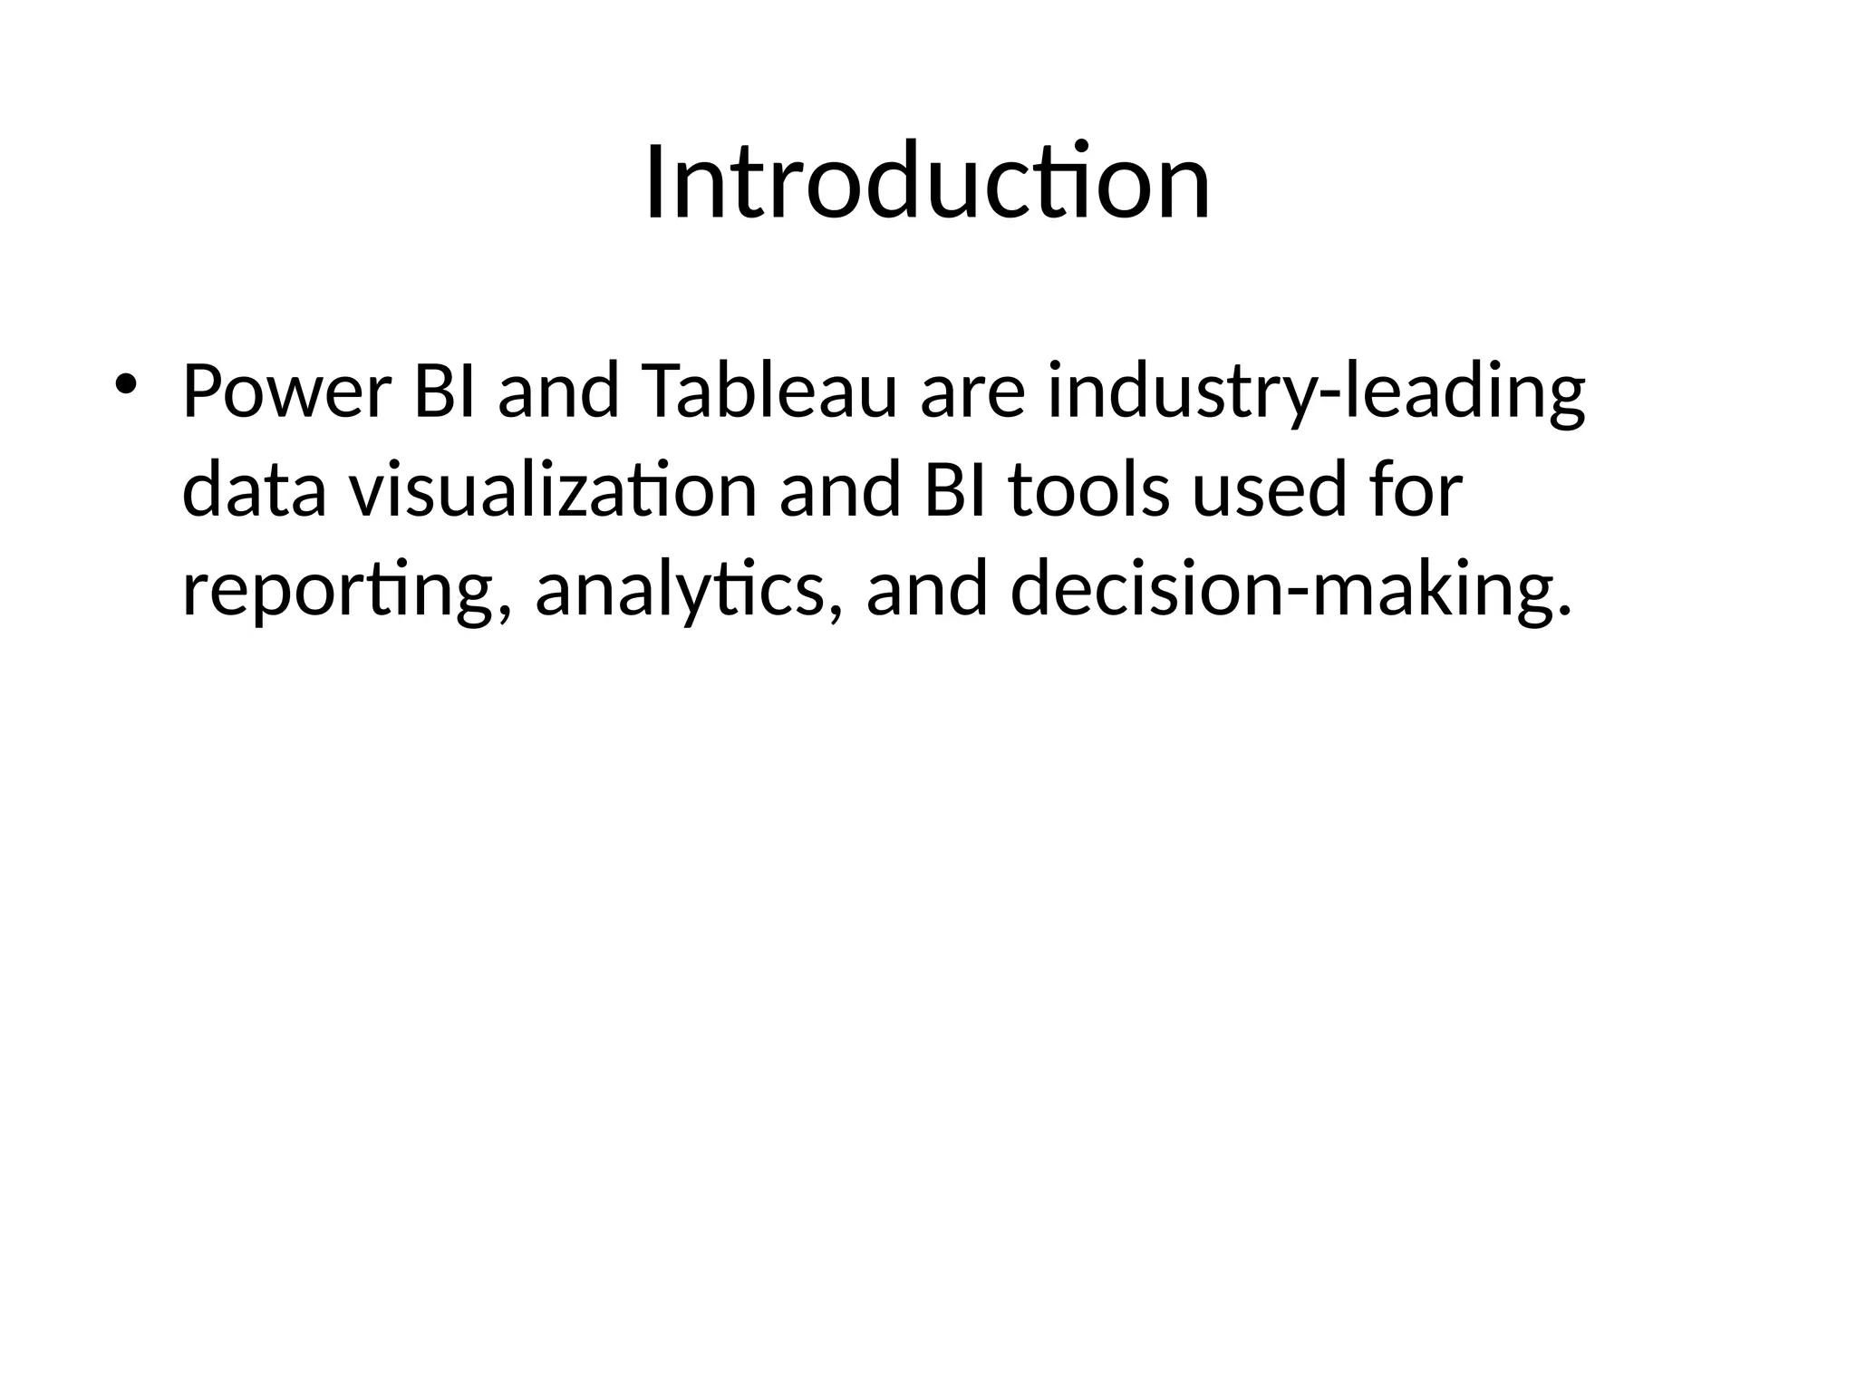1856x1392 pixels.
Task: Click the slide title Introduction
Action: pyautogui.click(x=927, y=183)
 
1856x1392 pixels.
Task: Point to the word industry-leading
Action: pyautogui.click(x=1316, y=391)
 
